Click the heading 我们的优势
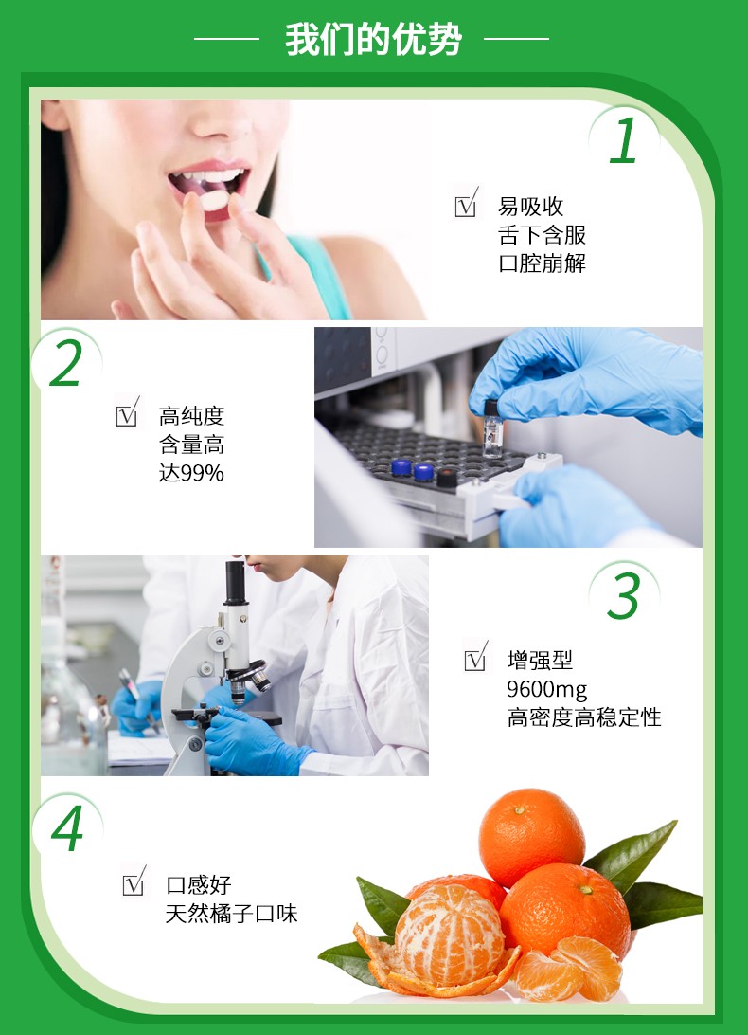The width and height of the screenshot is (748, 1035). [x=373, y=40]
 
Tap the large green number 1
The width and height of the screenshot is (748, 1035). [x=623, y=140]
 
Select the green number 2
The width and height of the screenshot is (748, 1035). [x=66, y=362]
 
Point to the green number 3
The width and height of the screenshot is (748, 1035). [x=624, y=595]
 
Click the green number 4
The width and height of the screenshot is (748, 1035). [x=68, y=827]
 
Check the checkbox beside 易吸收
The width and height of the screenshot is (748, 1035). [x=467, y=203]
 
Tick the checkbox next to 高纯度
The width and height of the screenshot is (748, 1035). [x=127, y=412]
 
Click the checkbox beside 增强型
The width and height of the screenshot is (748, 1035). [x=475, y=657]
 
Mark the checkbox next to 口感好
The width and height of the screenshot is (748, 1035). [x=134, y=881]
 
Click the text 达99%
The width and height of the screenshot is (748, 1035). [x=191, y=473]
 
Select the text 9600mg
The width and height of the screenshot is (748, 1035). [x=547, y=690]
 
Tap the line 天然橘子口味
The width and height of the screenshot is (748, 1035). [x=232, y=914]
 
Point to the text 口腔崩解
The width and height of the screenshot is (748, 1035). [x=543, y=263]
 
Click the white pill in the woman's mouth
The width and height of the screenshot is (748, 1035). [x=214, y=199]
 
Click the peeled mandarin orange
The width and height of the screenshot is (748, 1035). [x=450, y=936]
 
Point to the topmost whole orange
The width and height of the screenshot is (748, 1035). [x=531, y=837]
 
